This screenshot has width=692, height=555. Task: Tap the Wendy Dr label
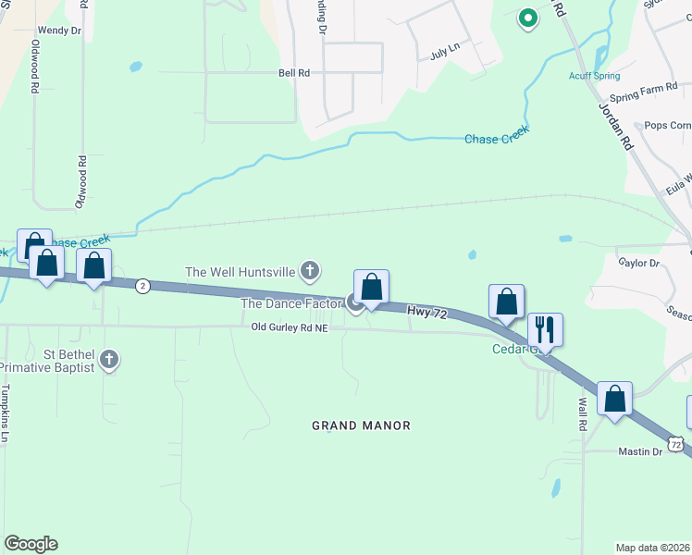[59, 30]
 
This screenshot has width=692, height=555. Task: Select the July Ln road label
[445, 52]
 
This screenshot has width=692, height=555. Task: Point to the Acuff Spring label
[594, 76]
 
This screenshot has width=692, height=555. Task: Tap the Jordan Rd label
[614, 128]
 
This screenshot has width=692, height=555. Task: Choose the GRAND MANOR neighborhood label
[361, 425]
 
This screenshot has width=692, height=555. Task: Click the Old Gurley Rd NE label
[289, 327]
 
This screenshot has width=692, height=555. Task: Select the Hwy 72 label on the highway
[427, 314]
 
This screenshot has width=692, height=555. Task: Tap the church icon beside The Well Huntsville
[310, 271]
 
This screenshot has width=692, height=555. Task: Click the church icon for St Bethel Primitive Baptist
[109, 359]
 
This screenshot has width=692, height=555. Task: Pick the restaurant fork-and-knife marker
[545, 328]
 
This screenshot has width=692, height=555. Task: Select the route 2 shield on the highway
[142, 286]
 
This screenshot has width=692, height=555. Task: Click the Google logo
[31, 544]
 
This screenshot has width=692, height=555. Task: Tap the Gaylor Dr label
[639, 263]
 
